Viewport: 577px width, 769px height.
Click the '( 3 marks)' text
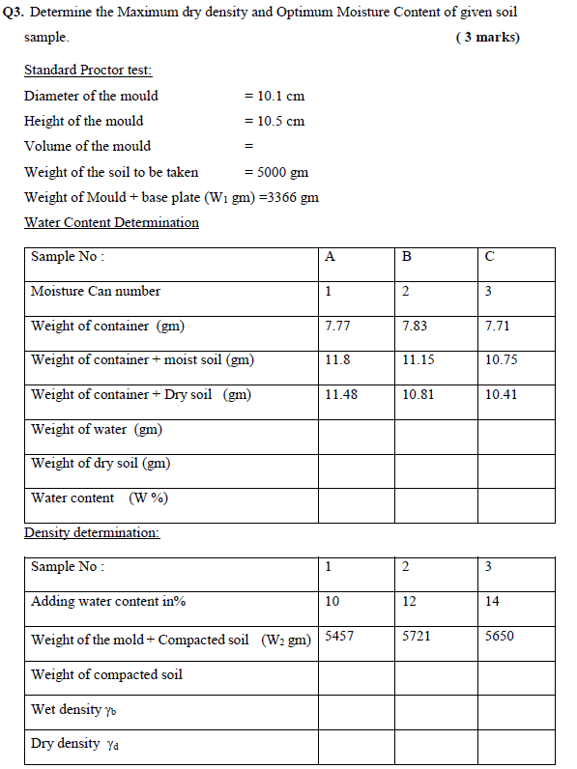(486, 38)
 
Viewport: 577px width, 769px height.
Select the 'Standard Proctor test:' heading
(88, 71)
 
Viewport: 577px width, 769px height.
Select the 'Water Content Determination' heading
(111, 222)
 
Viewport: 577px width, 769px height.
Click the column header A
(331, 257)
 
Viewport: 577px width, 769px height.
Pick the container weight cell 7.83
(414, 326)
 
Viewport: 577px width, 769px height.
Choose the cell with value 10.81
(418, 394)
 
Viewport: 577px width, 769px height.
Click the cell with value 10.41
(501, 394)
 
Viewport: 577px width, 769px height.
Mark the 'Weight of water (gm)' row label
(96, 429)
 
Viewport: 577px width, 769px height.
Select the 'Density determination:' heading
(92, 532)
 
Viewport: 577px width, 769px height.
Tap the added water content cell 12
(409, 601)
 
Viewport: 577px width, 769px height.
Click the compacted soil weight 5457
(339, 636)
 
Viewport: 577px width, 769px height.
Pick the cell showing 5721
(417, 636)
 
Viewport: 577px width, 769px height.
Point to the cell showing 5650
(500, 636)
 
